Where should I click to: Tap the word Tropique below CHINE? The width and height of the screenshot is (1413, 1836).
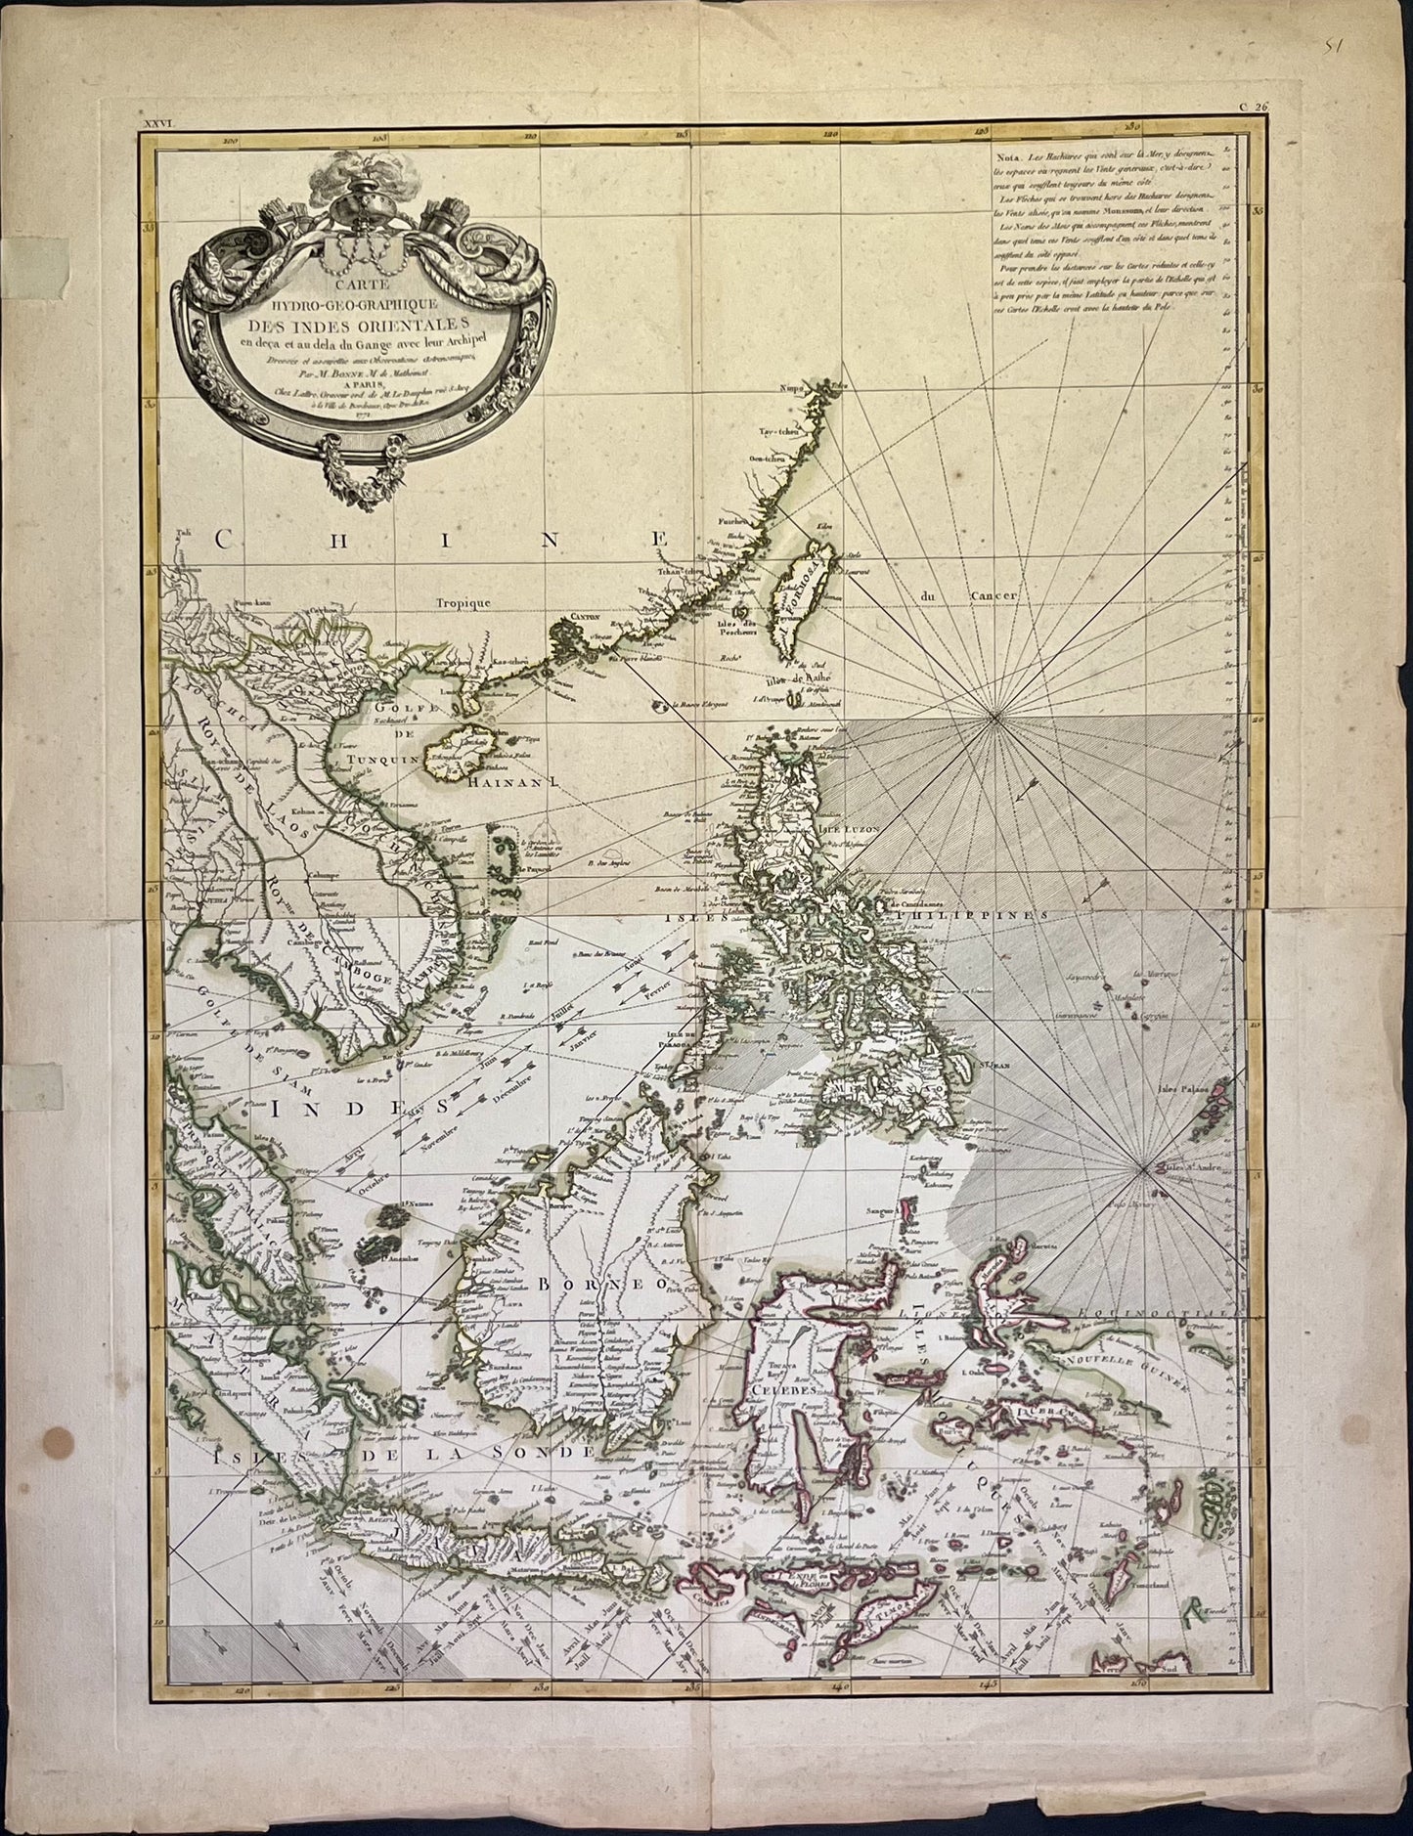click(x=464, y=604)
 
